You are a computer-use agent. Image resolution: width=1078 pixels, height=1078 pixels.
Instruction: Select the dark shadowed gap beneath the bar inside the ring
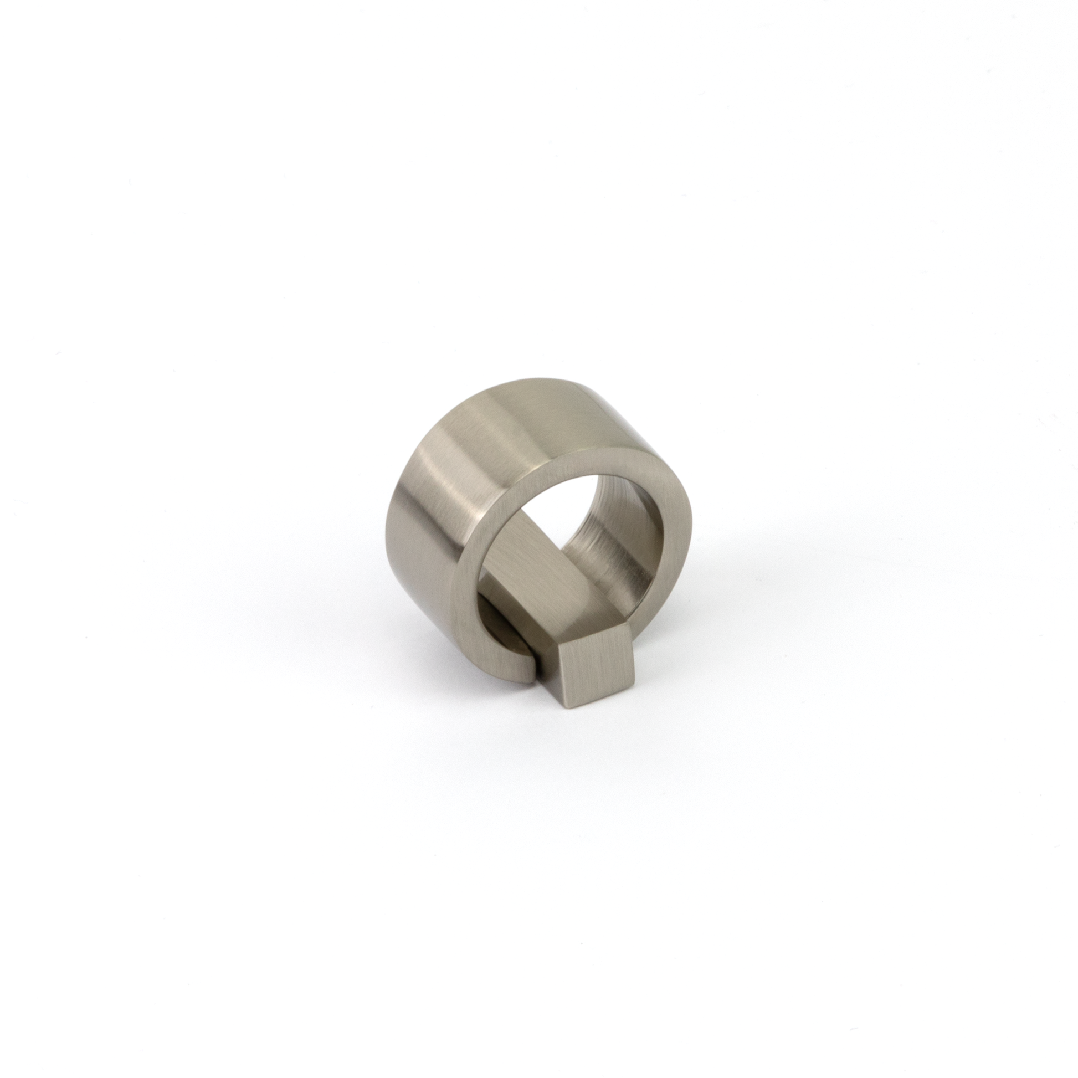pos(494,619)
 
